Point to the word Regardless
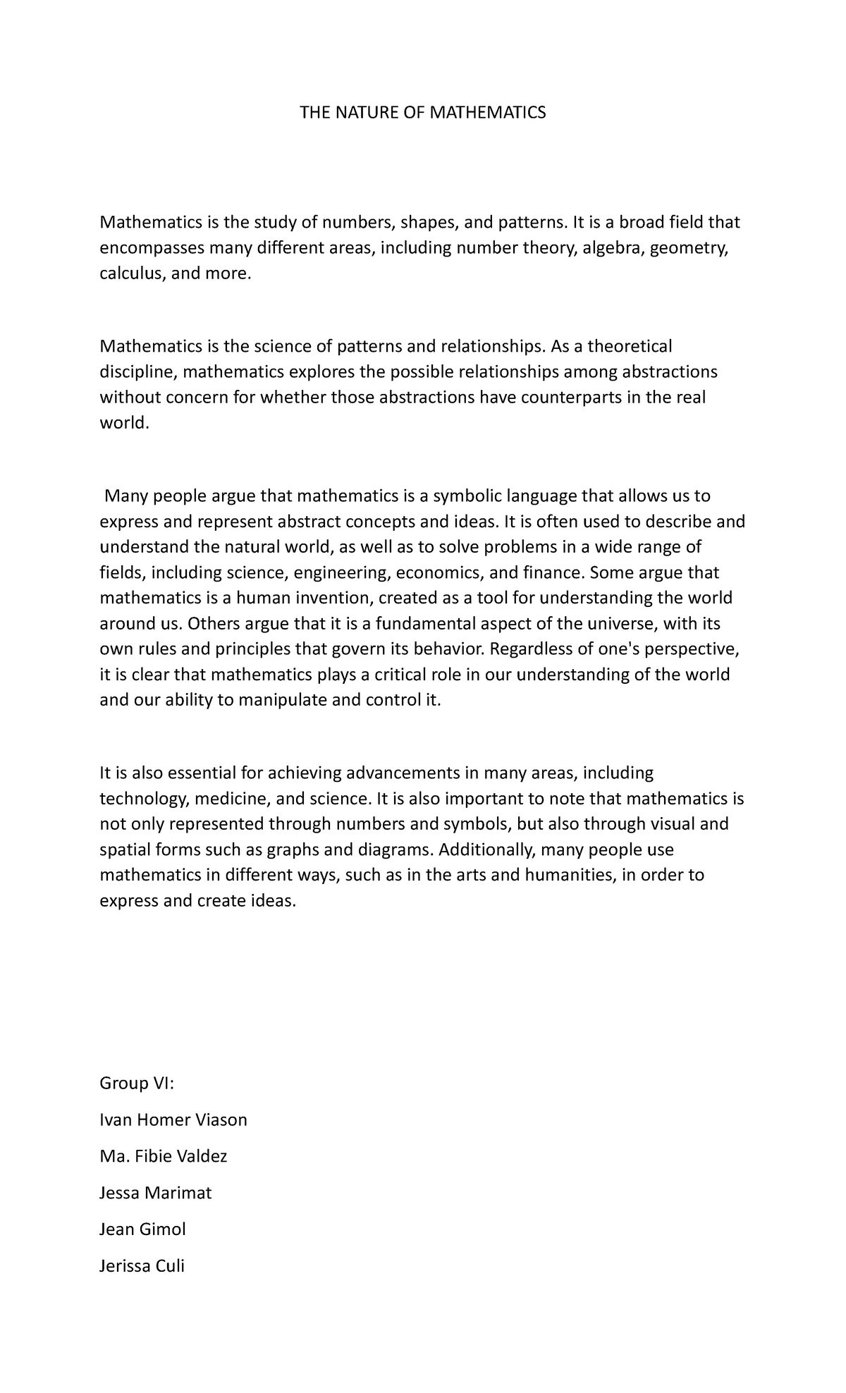(x=532, y=649)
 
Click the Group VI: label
(x=136, y=1083)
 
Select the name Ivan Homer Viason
(x=173, y=1119)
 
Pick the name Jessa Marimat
(x=156, y=1193)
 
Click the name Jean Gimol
(x=143, y=1229)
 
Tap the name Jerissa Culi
(x=142, y=1266)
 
